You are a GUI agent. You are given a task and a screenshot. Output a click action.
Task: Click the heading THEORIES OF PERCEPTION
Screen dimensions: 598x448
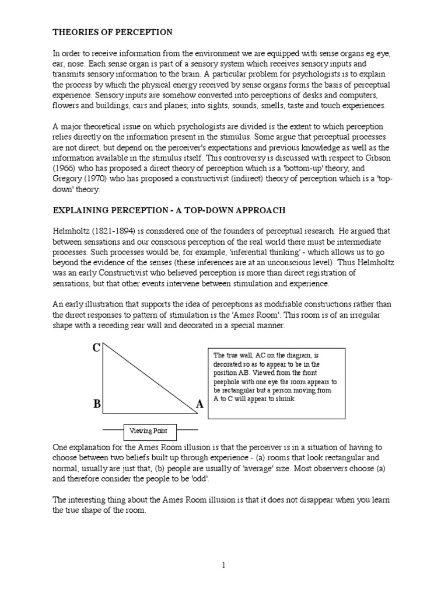[113, 32]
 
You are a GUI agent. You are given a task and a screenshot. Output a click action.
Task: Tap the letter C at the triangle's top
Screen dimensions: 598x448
[96, 349]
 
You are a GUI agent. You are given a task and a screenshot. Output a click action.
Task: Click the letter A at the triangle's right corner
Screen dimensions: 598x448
[200, 404]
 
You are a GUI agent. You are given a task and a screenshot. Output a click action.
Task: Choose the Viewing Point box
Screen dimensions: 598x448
[148, 431]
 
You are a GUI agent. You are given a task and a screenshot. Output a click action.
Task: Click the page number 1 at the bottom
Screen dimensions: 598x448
[223, 565]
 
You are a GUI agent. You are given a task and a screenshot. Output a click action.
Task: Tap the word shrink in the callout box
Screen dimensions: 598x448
[286, 399]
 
